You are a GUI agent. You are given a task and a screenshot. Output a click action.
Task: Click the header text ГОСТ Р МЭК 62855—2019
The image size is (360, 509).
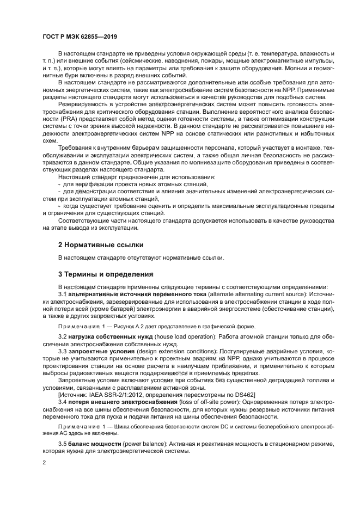pos(80,36)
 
